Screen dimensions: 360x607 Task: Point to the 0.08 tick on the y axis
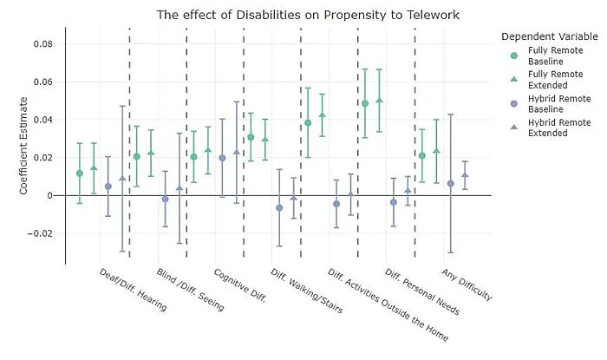point(43,44)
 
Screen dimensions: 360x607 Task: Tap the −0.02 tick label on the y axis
point(41,233)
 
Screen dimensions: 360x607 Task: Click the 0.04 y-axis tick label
point(43,120)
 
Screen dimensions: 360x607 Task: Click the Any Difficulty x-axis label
point(467,284)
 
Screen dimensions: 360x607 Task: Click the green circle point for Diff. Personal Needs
point(365,103)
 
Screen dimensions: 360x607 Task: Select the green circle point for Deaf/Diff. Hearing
point(80,173)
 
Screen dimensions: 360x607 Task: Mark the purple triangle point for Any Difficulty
point(465,175)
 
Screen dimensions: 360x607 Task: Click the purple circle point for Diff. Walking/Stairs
point(279,208)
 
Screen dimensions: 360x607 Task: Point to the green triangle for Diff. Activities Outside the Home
point(322,115)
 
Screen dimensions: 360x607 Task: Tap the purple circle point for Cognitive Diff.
point(222,158)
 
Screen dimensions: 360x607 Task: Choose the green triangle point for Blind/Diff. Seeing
point(151,153)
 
